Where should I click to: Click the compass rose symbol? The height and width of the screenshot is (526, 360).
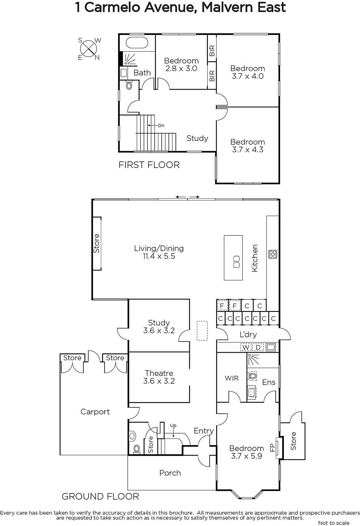coord(89,49)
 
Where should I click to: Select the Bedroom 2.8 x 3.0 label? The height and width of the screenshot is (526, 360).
coord(181,64)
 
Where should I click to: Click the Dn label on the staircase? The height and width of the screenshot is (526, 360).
coord(161,125)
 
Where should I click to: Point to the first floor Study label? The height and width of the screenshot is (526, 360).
coord(197,138)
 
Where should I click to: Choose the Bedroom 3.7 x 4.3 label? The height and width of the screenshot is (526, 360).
coord(248,146)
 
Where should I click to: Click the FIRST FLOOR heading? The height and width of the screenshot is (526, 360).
coord(149,165)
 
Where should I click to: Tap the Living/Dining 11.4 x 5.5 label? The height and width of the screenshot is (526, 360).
coord(159,252)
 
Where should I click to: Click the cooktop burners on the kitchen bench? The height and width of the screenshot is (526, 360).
coord(273,254)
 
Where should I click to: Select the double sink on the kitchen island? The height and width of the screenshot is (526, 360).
coord(236,262)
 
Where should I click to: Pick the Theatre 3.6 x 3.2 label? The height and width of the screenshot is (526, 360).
coord(159,377)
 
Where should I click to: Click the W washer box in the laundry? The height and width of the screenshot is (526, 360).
coord(246,347)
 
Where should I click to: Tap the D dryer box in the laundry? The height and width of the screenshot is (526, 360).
coord(258,347)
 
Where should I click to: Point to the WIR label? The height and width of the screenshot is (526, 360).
coord(232,378)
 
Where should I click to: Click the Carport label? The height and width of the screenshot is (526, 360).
coord(95,412)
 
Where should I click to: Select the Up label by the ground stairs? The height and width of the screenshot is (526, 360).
coord(173,425)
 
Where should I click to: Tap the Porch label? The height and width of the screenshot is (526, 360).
coord(170,473)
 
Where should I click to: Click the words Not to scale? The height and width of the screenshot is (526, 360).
coord(334,523)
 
